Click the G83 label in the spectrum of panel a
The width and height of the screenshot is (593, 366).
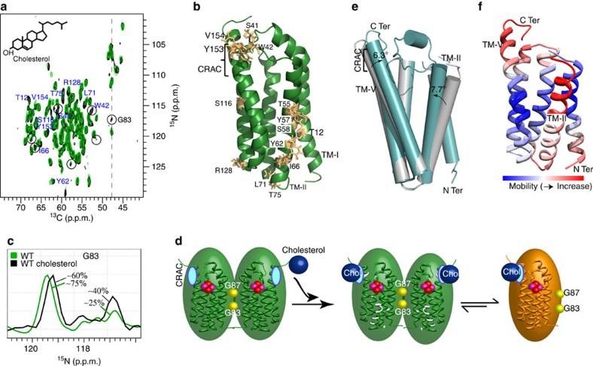click(x=131, y=120)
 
